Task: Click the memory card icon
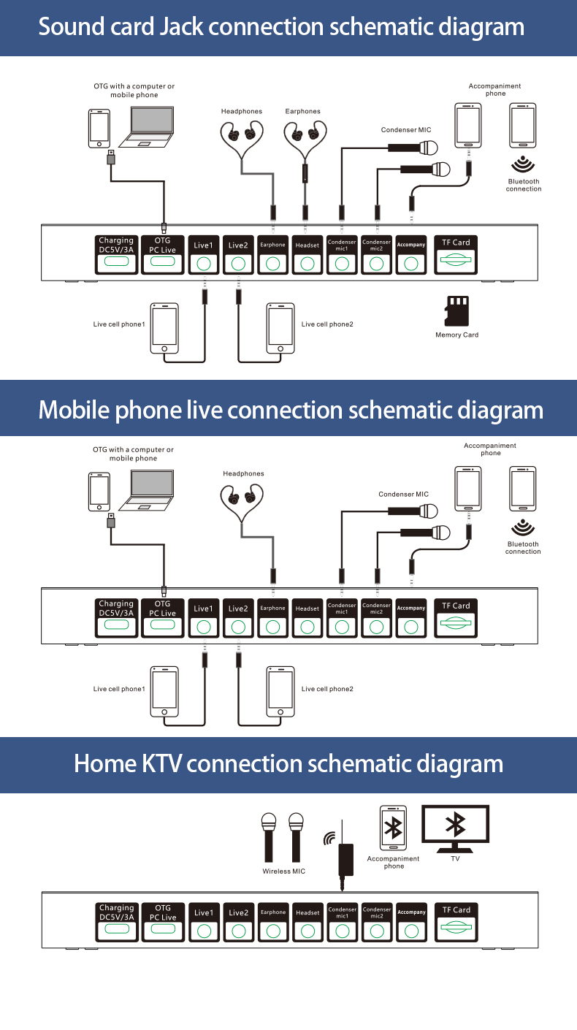(456, 310)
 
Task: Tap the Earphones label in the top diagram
(302, 112)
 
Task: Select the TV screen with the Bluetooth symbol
(456, 825)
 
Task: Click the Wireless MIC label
(283, 871)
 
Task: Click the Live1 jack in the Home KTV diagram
(204, 931)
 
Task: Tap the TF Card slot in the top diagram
(456, 261)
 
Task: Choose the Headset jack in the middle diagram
(307, 627)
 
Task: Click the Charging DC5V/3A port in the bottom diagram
(117, 929)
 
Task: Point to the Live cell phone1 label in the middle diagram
(119, 689)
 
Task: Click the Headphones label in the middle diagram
(243, 474)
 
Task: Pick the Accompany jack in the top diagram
(411, 263)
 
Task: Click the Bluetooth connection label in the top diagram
(524, 186)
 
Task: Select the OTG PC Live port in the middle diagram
(163, 626)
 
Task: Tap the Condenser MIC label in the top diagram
(405, 130)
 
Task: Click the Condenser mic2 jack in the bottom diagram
(377, 931)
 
